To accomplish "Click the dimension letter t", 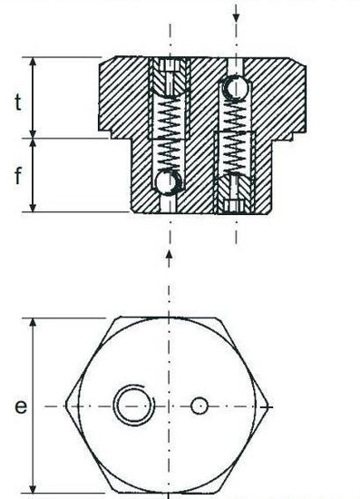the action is (x=18, y=103).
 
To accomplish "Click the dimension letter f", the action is (x=18, y=175).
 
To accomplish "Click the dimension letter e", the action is (x=21, y=406).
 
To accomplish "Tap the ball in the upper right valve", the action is (x=236, y=87).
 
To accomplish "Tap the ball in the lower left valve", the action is (x=169, y=182).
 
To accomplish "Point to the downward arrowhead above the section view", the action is (x=236, y=18).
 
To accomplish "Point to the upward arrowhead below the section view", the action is (x=170, y=255).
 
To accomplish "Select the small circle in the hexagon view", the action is (x=199, y=406).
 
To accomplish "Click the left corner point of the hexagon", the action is (x=66, y=405).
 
